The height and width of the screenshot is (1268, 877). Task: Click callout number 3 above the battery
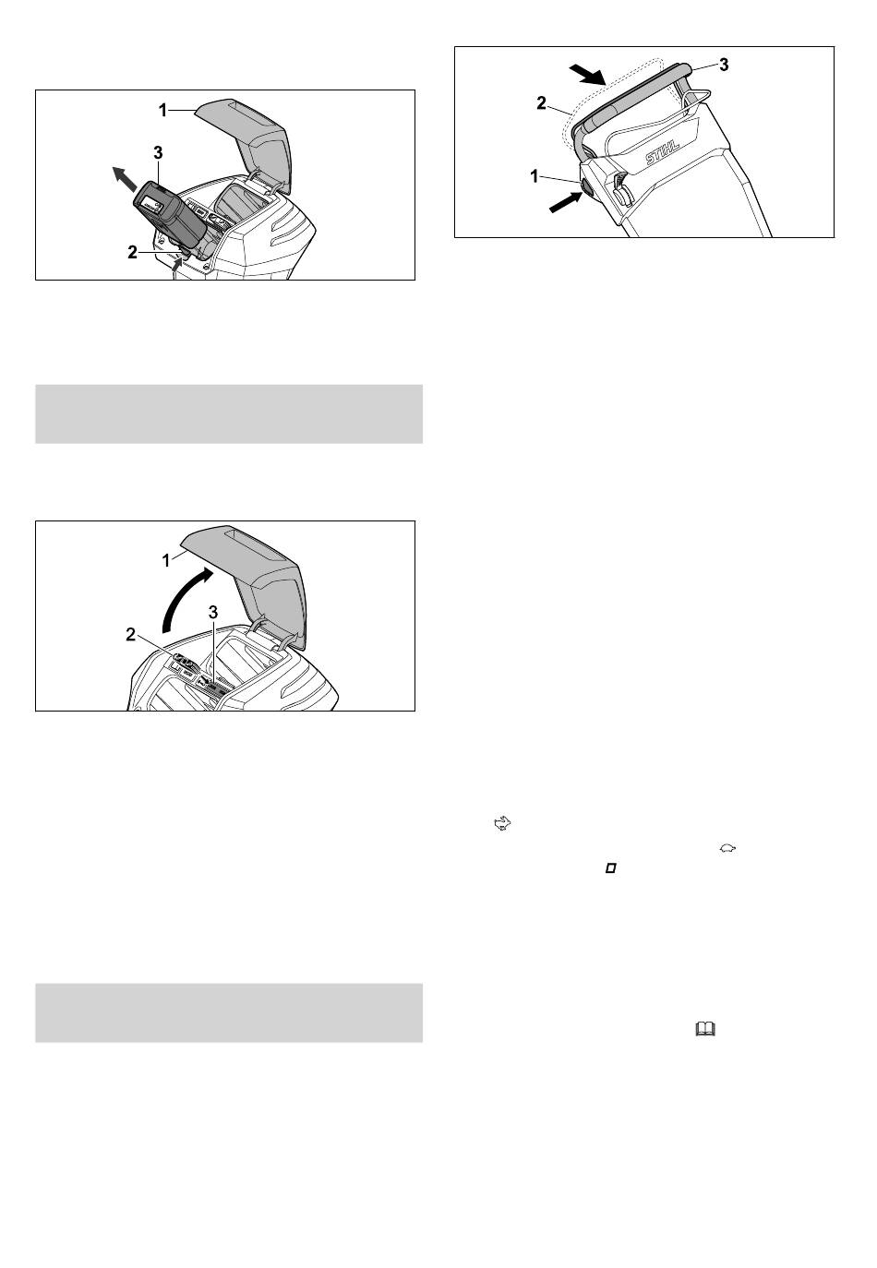click(158, 152)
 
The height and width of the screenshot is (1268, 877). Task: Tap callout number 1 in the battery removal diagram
click(163, 111)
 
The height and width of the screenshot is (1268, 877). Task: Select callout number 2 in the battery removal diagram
click(133, 253)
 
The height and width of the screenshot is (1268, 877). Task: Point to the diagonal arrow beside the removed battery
click(125, 179)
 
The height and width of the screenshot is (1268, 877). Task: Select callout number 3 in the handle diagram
click(724, 66)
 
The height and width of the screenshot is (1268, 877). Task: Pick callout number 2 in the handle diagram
click(541, 103)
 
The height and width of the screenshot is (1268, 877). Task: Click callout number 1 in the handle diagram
click(534, 176)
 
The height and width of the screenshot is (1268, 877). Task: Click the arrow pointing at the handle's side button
click(566, 202)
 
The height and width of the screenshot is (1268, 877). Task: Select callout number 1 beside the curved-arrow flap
click(166, 561)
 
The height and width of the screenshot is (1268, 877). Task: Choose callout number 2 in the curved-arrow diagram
click(131, 635)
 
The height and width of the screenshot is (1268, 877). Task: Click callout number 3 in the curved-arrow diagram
click(213, 612)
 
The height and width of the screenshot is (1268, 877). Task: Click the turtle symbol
click(727, 848)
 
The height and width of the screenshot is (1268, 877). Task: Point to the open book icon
click(705, 1029)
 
